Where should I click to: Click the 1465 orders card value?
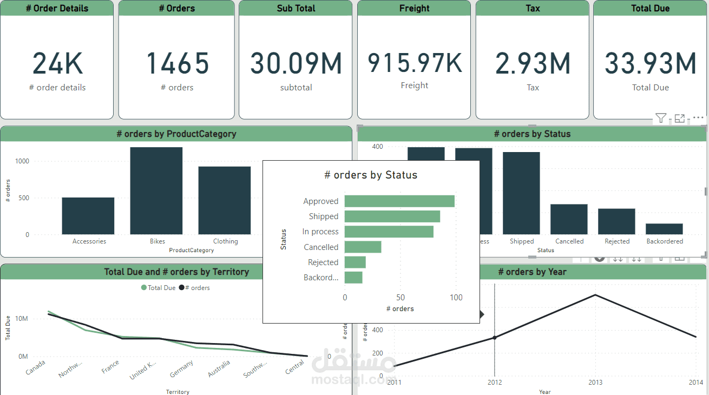(178, 63)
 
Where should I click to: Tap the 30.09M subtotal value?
(296, 63)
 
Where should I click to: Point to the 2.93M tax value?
(533, 63)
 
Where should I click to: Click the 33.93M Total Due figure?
(651, 63)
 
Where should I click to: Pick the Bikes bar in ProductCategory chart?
(156, 190)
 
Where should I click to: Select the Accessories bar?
(88, 216)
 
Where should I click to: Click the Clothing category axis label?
(225, 241)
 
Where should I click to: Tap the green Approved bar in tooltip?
(399, 201)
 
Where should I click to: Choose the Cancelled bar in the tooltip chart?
(363, 247)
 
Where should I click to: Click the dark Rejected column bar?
(616, 221)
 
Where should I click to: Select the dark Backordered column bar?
(664, 229)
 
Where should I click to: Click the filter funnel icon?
(660, 118)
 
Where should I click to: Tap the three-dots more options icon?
(699, 118)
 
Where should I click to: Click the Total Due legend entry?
(159, 288)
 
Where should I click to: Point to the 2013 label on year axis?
(595, 383)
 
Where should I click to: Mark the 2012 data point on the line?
(494, 338)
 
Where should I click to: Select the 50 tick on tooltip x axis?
(401, 298)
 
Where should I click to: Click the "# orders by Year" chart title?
(532, 272)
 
